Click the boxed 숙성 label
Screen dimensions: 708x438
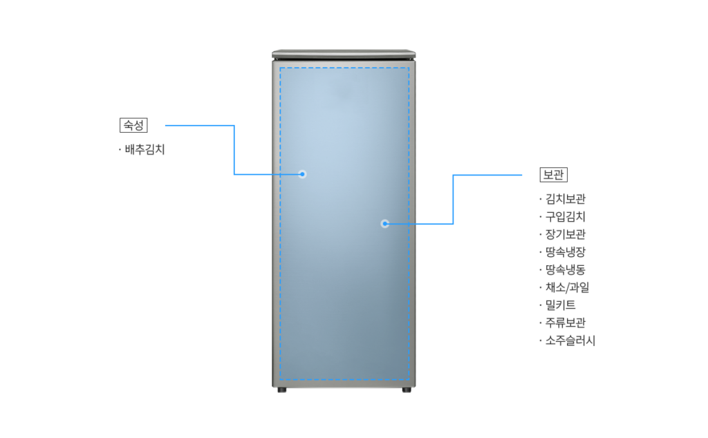(x=133, y=126)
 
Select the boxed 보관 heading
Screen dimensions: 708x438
(x=554, y=175)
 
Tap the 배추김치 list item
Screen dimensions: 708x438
(x=145, y=149)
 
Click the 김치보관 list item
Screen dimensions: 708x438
(x=566, y=199)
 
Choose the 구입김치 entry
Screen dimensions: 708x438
(x=566, y=216)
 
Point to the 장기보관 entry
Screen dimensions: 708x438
(x=566, y=234)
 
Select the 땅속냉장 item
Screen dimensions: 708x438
(x=566, y=251)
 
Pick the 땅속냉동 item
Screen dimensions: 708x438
(x=566, y=269)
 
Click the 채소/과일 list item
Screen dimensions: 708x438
(x=567, y=287)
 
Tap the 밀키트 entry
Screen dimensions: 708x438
(x=560, y=305)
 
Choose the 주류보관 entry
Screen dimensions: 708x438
(x=566, y=323)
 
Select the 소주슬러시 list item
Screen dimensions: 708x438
(x=570, y=341)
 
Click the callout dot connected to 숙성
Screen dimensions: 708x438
(x=303, y=174)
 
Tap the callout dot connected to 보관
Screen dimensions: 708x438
(x=384, y=224)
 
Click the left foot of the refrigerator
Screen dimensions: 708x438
(x=282, y=390)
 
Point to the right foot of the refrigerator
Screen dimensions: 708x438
(x=407, y=390)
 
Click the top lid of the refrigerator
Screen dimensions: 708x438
(x=344, y=54)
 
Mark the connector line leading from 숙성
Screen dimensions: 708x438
(x=234, y=150)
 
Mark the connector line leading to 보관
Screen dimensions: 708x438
(x=453, y=200)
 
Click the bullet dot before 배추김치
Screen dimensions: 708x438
(x=120, y=149)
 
